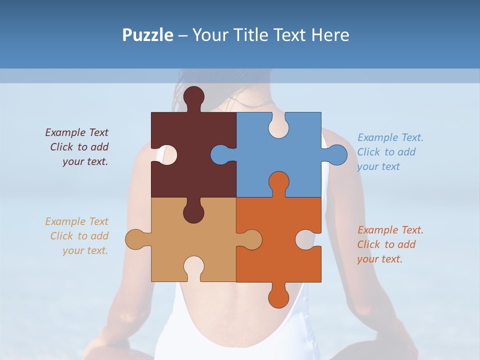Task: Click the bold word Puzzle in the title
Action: [x=148, y=35]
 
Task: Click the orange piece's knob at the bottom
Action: [x=278, y=296]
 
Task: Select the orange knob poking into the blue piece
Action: [x=278, y=182]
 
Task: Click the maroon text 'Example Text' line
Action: [x=77, y=132]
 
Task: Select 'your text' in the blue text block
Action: [x=378, y=166]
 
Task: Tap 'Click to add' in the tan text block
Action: [x=79, y=236]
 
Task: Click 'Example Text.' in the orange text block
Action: [x=390, y=230]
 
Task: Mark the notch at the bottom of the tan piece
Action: [x=194, y=267]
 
